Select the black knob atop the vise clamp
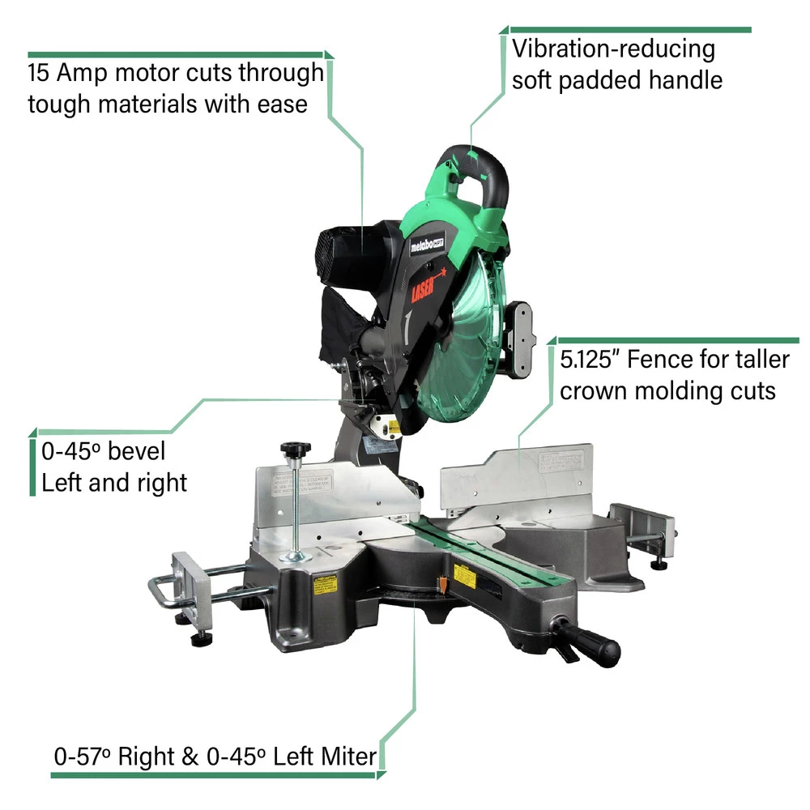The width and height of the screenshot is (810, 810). pos(296,449)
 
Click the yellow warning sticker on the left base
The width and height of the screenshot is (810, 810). pos(325,582)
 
